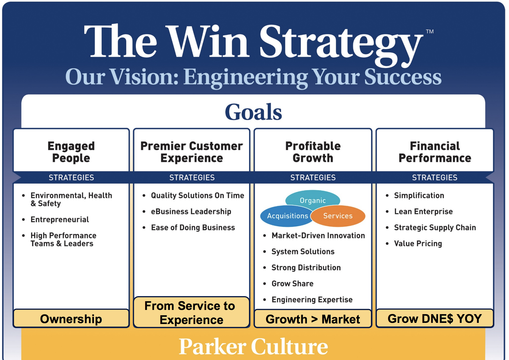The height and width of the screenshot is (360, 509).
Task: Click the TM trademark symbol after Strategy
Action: [x=429, y=31]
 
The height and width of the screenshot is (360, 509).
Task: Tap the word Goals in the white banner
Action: [x=253, y=112]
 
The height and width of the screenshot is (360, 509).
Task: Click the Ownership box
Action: [x=71, y=318]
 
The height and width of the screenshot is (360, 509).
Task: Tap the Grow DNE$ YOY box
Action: [x=435, y=318]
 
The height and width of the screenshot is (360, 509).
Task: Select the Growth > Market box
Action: [x=313, y=319]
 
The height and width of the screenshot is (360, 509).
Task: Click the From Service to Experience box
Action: [x=192, y=312]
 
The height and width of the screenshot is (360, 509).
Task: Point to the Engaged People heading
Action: [x=71, y=152]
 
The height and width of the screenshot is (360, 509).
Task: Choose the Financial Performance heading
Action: [x=435, y=152]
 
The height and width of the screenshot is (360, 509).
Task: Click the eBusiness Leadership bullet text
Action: [x=191, y=211]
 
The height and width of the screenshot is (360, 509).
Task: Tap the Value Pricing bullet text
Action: [x=418, y=244]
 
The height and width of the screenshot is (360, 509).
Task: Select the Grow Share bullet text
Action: [x=292, y=283]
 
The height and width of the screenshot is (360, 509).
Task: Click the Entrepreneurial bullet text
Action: [x=60, y=219]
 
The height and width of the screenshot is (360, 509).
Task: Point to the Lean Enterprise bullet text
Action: [x=423, y=211]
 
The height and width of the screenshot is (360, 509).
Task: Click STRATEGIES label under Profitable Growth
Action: [x=313, y=177]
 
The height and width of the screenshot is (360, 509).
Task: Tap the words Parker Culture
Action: [x=253, y=346]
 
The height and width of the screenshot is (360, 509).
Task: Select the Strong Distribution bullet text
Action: [x=306, y=267]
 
